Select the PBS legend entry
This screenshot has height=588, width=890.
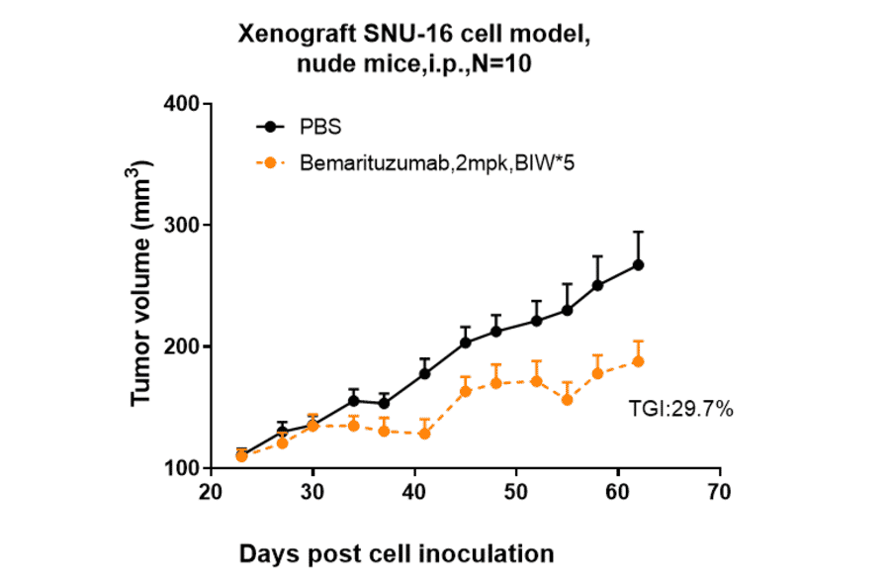320,127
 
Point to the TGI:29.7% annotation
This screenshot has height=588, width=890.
680,408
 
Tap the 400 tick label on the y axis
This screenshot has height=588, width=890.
182,104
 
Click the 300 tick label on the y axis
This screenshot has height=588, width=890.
182,226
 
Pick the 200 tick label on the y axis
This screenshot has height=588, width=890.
182,346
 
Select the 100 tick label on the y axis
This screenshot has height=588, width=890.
182,468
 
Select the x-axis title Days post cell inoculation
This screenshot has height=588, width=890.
397,552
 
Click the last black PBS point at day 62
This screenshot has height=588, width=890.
639,264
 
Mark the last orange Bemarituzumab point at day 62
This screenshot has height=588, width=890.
639,361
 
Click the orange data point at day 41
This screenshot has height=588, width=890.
424,433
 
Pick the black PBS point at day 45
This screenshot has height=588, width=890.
466,343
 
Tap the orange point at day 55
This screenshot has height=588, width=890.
568,399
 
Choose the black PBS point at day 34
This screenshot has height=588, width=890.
353,401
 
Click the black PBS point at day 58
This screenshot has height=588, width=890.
598,285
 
